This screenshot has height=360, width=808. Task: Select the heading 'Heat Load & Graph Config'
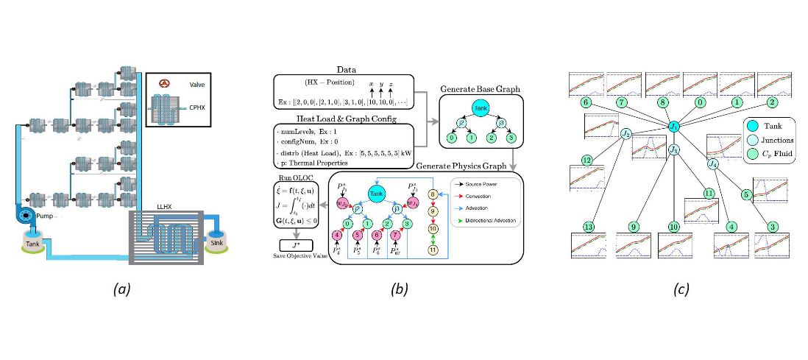click(x=340, y=119)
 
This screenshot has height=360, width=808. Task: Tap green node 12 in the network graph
click(x=586, y=160)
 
